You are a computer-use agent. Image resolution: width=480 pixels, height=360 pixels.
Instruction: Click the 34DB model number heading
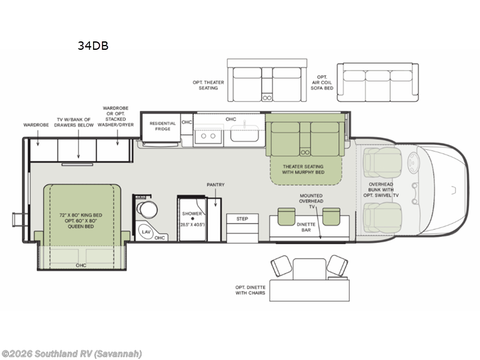(93, 46)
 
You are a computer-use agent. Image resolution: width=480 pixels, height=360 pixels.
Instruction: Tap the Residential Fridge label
(163, 126)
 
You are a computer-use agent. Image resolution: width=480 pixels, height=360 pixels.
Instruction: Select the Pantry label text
(215, 185)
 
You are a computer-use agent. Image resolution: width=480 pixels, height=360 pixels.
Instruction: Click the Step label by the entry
(242, 219)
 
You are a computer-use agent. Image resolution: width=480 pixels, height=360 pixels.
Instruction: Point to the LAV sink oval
(146, 232)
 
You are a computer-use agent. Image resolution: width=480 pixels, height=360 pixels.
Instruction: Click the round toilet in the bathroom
(147, 209)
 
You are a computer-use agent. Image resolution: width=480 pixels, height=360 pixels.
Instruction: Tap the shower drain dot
(192, 218)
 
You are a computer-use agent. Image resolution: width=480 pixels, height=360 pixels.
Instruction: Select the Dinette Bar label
(306, 227)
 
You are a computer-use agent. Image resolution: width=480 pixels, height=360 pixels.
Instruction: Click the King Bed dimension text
(81, 221)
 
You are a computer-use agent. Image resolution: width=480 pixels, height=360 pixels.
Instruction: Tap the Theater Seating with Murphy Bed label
(303, 169)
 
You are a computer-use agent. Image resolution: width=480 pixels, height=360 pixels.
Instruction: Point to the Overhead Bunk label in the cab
(381, 190)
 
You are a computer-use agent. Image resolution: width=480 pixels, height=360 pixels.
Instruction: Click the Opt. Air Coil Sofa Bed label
(322, 83)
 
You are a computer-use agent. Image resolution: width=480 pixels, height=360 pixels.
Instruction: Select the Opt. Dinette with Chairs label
(250, 290)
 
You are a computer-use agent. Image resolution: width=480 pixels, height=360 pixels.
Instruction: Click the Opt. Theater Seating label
(208, 85)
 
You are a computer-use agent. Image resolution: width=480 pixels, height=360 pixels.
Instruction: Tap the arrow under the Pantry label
(215, 197)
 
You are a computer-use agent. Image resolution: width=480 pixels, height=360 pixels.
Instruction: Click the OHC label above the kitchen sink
(231, 119)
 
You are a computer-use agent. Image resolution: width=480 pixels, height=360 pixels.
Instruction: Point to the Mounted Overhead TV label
(311, 201)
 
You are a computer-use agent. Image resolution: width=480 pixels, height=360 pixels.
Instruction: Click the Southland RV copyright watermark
(71, 354)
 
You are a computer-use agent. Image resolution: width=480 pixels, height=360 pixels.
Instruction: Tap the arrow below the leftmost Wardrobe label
(38, 138)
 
